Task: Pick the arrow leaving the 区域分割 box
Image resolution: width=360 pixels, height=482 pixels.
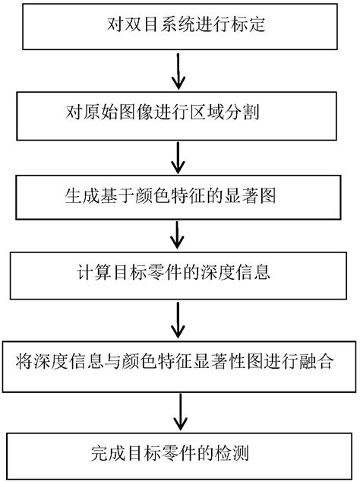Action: pyautogui.click(x=178, y=155)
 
